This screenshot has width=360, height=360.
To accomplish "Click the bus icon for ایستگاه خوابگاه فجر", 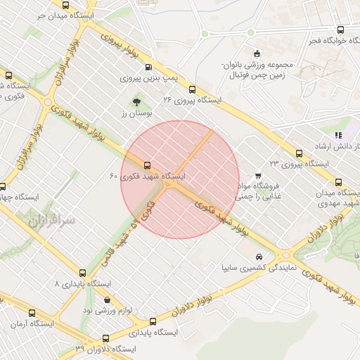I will pyautogui.click(x=341, y=30).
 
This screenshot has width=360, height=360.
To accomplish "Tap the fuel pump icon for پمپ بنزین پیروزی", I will pyautogui.click(x=148, y=68).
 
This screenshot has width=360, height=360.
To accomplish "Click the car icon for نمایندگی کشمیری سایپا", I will pyautogui.click(x=259, y=257).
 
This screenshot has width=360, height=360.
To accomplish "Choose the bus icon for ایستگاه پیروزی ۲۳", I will pyautogui.click(x=299, y=153).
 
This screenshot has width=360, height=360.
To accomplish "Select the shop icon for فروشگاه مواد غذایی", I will pyautogui.click(x=258, y=174).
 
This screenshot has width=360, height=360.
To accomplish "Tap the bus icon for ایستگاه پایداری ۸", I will pyautogui.click(x=83, y=273).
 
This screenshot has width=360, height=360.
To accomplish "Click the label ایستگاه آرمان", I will pyautogui.click(x=27, y=325).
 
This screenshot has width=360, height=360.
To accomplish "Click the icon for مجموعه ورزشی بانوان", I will pyautogui.click(x=257, y=54).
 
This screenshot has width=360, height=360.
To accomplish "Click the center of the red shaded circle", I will pyautogui.click(x=180, y=179).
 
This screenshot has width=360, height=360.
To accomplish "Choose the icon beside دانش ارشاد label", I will pyautogui.click(x=338, y=134).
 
